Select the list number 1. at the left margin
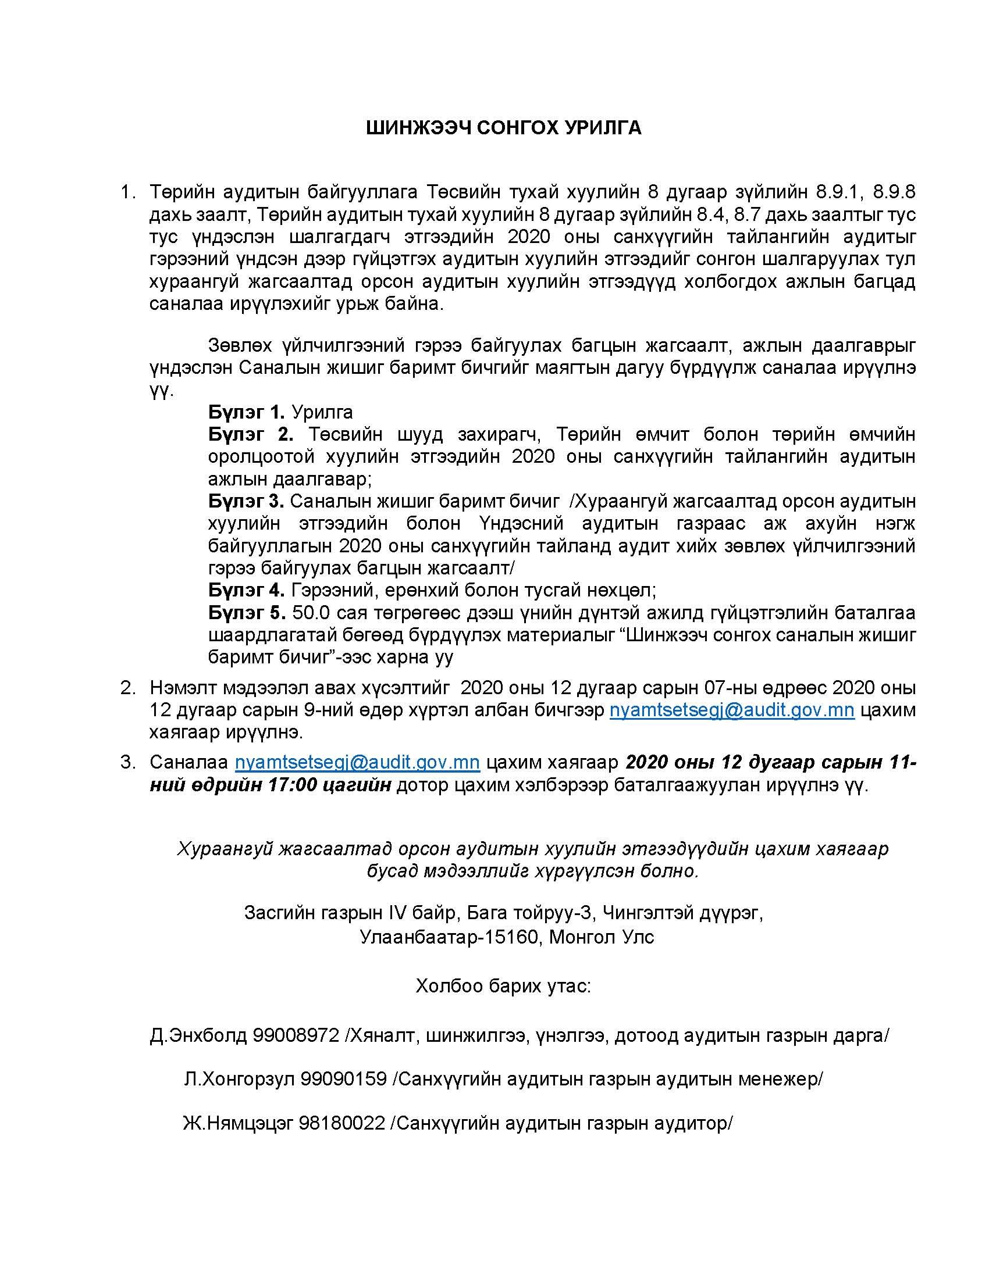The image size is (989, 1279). (x=128, y=192)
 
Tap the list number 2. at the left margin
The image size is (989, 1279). (x=128, y=688)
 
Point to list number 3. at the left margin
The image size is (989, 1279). (x=128, y=762)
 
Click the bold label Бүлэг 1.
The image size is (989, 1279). (x=246, y=412)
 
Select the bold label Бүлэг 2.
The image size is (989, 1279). (x=250, y=434)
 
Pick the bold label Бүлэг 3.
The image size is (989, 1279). (x=246, y=501)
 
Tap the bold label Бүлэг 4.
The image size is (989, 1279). (x=246, y=590)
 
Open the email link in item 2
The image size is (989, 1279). (x=731, y=710)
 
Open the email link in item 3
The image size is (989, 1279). (x=357, y=762)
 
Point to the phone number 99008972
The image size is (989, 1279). (x=296, y=1052)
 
